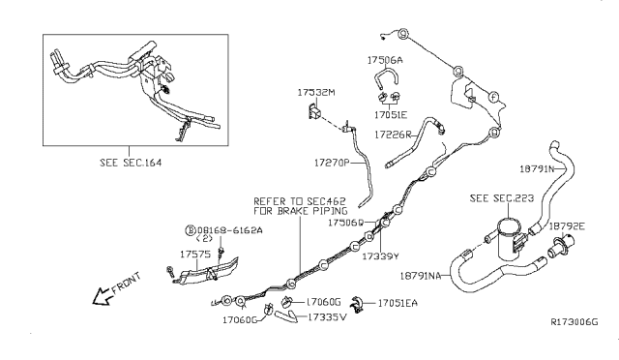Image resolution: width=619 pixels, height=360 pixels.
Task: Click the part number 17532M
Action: [316, 93]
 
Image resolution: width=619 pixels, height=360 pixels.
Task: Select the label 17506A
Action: [386, 59]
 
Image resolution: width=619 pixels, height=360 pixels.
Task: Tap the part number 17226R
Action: [394, 135]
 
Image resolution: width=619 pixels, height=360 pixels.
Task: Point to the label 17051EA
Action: [398, 302]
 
